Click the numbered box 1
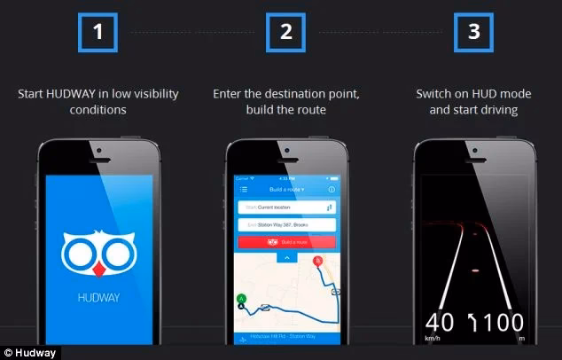pyautogui.click(x=99, y=34)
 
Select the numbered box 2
pyautogui.click(x=285, y=34)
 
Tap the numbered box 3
pyautogui.click(x=473, y=34)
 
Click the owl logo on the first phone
pyautogui.click(x=98, y=252)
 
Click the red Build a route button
pyautogui.click(x=285, y=241)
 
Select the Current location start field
pyautogui.click(x=285, y=207)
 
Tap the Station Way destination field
pyautogui.click(x=285, y=226)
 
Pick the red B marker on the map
pyautogui.click(x=318, y=261)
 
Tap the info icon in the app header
pyautogui.click(x=332, y=189)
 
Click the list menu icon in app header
pyautogui.click(x=243, y=189)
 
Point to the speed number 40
pyautogui.click(x=440, y=321)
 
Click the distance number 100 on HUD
pyautogui.click(x=504, y=321)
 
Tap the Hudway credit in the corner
pyautogui.click(x=28, y=353)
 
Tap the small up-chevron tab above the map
pyautogui.click(x=286, y=257)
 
